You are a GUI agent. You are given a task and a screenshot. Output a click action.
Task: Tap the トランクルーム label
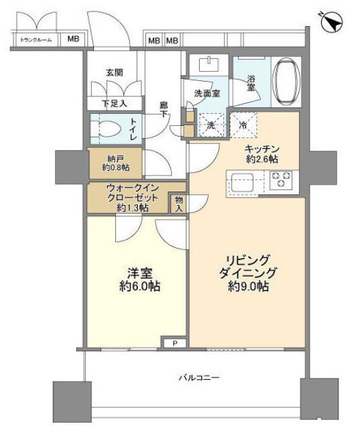[36, 40]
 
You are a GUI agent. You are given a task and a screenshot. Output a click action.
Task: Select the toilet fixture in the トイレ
[108, 128]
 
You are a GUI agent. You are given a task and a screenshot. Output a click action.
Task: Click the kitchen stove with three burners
[281, 179]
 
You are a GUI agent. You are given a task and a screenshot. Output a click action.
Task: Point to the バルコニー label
[198, 378]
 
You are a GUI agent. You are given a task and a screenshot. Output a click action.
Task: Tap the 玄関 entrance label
[114, 72]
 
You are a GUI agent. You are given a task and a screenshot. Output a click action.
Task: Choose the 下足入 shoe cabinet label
[113, 103]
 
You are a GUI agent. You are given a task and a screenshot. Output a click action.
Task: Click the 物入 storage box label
[178, 204]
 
